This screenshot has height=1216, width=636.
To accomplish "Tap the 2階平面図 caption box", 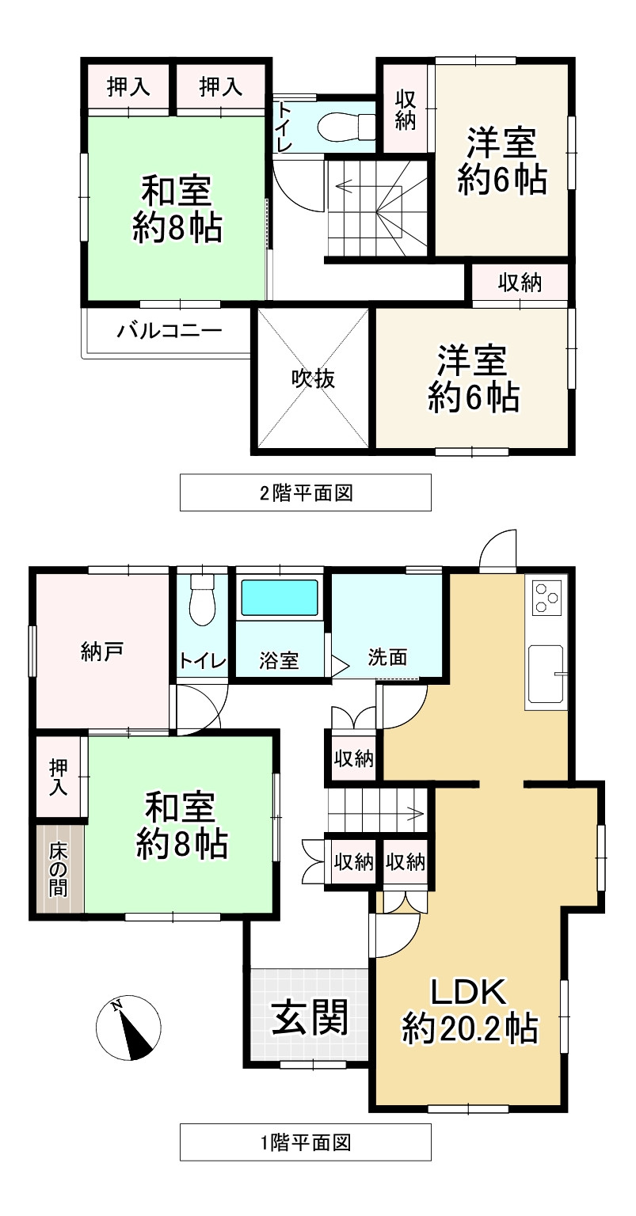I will coord(306,492).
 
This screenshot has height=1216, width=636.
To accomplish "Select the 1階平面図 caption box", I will coord(306,1142).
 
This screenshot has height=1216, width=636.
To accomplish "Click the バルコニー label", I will coord(169,331).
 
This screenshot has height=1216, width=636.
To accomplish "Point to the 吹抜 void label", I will coord(312,379).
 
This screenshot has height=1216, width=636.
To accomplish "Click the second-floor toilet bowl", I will coord(346,126).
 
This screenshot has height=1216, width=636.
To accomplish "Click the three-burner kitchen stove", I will coord(547,597).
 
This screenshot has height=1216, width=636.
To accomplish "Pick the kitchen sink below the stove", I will coord(546,672).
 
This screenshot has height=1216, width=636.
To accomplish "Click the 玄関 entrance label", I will coord(310,1017).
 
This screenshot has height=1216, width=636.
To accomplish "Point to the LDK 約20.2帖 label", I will coord(470,1011).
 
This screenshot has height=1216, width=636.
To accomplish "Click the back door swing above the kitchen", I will coord(498,551).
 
